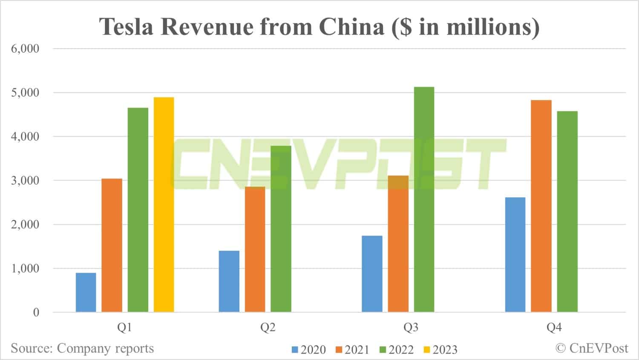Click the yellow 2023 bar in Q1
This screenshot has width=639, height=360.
click(164, 204)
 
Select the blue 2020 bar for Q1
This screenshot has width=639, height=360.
click(86, 292)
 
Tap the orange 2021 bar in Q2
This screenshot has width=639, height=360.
click(255, 249)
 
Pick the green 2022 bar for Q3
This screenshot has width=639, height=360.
click(424, 199)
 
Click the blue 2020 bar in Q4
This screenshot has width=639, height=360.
click(515, 254)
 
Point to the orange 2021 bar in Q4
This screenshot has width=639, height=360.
click(541, 206)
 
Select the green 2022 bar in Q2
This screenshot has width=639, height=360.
click(281, 229)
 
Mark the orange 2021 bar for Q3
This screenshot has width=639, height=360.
click(398, 244)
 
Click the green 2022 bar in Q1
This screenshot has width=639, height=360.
click(138, 210)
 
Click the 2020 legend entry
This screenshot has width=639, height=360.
click(308, 350)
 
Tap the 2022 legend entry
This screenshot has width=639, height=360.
click(396, 350)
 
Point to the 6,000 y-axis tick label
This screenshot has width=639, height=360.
click(25, 49)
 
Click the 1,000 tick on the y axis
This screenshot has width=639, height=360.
click(25, 268)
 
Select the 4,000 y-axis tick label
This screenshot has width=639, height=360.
click(25, 137)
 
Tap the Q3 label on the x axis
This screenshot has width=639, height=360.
click(411, 327)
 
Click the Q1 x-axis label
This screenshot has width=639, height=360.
click(124, 327)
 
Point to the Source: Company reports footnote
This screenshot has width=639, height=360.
click(82, 348)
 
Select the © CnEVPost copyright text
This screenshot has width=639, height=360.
click(592, 348)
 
